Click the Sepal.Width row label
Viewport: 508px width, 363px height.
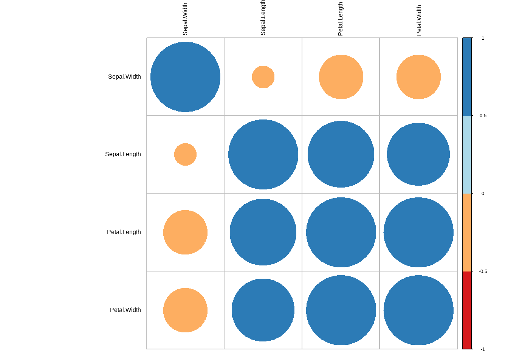pos(124,77)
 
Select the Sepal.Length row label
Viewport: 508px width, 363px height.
pos(123,154)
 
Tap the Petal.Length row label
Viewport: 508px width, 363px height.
pos(124,232)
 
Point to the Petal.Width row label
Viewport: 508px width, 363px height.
pos(125,310)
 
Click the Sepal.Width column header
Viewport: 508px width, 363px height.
pos(185,19)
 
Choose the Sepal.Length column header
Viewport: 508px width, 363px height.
pos(263,18)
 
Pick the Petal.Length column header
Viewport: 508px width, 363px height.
pos(341,19)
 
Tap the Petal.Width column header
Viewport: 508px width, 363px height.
pos(419,20)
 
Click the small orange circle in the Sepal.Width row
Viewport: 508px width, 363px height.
pos(263,77)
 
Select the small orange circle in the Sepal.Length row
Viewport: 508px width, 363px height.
pos(185,154)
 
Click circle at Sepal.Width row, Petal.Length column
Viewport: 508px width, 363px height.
pos(341,77)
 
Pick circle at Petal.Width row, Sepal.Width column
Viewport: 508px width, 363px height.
pos(185,310)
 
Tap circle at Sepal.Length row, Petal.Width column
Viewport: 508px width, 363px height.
pos(418,154)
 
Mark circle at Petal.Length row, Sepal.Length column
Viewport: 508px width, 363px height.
pos(263,232)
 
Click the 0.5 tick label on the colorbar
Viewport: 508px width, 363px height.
pos(483,116)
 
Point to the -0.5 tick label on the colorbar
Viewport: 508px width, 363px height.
pos(483,271)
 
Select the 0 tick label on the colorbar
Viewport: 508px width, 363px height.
pos(483,194)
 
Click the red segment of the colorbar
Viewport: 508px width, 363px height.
pos(467,310)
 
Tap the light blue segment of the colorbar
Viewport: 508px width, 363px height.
pos(467,154)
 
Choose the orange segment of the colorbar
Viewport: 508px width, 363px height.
pos(467,232)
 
